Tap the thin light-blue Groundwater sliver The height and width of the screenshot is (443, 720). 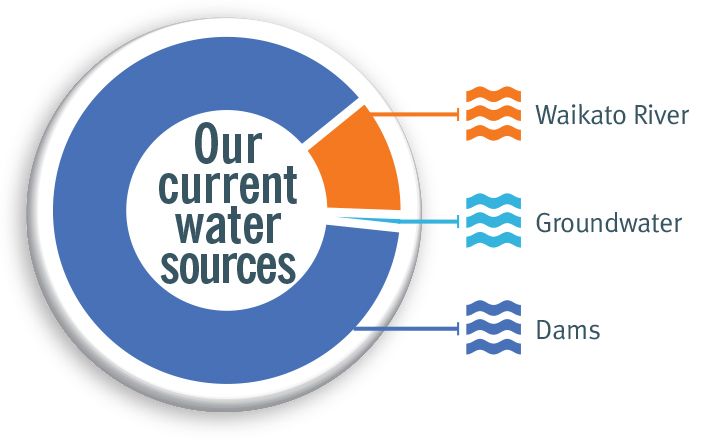[367, 219]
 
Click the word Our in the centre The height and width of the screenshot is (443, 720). [228, 144]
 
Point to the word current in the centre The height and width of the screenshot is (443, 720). [228, 185]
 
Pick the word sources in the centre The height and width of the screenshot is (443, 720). [228, 266]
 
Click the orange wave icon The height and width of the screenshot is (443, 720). [494, 113]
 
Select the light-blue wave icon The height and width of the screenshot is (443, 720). [494, 221]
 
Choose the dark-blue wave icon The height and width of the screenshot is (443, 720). [494, 328]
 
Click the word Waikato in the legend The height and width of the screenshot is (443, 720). [580, 114]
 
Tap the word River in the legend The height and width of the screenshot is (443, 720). [662, 114]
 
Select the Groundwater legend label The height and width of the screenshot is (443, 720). [609, 223]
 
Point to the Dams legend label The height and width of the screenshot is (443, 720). [568, 330]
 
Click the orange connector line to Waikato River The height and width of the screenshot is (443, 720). [414, 113]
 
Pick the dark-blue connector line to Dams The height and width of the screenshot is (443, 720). [406, 328]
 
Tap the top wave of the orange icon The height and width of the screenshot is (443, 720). [494, 94]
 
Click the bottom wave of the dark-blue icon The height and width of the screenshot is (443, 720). [494, 347]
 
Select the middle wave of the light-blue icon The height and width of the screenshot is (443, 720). [494, 221]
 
